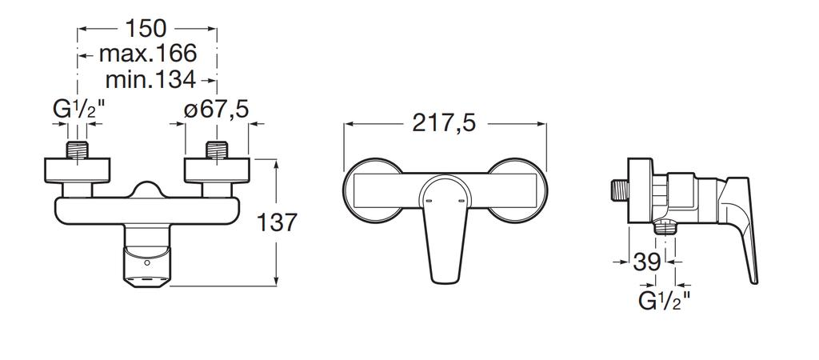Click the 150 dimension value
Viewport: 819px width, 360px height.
(x=146, y=28)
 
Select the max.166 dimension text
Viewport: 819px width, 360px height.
(x=148, y=54)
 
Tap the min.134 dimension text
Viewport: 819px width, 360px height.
(x=150, y=79)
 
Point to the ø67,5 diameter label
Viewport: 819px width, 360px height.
(x=216, y=110)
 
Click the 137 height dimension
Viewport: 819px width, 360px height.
(x=277, y=223)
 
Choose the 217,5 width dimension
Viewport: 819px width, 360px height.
(x=445, y=124)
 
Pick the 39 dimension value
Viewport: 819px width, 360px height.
(x=646, y=262)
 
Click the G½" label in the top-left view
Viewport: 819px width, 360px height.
(x=79, y=110)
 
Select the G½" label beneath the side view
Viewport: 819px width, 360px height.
(x=665, y=302)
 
